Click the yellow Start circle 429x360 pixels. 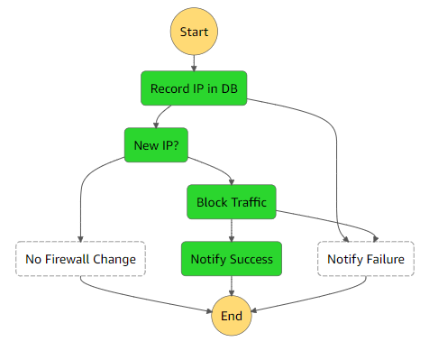click(194, 32)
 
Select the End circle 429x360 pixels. click(233, 316)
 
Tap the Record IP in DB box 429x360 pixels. click(194, 88)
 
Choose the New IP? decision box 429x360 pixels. click(156, 144)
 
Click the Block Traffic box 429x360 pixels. click(232, 202)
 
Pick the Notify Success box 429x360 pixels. click(232, 259)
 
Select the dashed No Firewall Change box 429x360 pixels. click(81, 260)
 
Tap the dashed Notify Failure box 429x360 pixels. click(365, 260)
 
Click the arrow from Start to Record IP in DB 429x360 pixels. click(194, 61)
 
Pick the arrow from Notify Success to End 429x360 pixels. click(232, 287)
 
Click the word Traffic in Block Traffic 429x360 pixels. click(248, 202)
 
